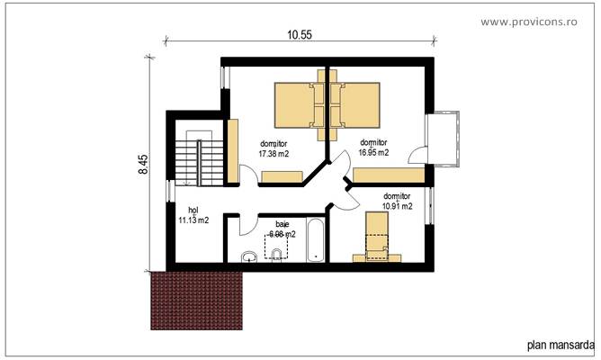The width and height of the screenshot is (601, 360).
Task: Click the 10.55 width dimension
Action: pos(300,35)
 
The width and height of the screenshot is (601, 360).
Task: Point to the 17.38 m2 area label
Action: pos(274,154)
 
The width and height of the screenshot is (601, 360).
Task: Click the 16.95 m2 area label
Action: pos(373,153)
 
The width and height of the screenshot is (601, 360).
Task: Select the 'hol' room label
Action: pos(180,209)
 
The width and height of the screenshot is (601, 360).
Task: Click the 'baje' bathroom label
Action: pos(283,225)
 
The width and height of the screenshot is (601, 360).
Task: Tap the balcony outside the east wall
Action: pos(446,139)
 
